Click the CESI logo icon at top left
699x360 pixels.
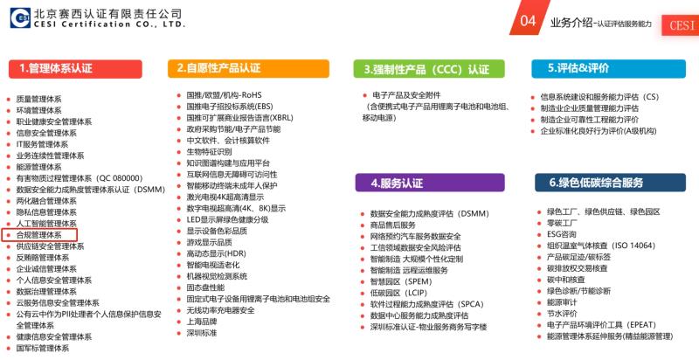[x=20, y=17]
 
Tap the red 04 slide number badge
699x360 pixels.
[x=529, y=18]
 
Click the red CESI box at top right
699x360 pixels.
[x=681, y=24]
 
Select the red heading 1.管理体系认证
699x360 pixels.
[x=75, y=69]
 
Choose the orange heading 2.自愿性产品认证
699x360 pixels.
[x=248, y=69]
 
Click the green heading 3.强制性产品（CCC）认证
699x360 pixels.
[x=429, y=69]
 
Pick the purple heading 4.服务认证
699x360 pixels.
[x=430, y=183]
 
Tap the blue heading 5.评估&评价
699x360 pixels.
[x=608, y=69]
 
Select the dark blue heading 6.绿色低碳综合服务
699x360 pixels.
[x=610, y=183]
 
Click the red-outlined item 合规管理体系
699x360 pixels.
[x=39, y=235]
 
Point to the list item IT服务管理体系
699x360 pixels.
[x=42, y=144]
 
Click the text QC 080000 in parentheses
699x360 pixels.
[x=121, y=178]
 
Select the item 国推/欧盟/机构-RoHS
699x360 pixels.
[x=224, y=95]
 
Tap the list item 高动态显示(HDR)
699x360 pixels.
[x=216, y=253]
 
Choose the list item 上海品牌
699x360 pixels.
[x=202, y=322]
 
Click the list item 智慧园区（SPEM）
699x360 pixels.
[x=401, y=281]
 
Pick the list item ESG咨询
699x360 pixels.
[x=562, y=234]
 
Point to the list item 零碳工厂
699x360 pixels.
[x=562, y=223]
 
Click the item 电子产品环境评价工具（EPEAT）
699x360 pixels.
[x=601, y=325]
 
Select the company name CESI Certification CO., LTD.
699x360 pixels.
[x=109, y=24]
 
